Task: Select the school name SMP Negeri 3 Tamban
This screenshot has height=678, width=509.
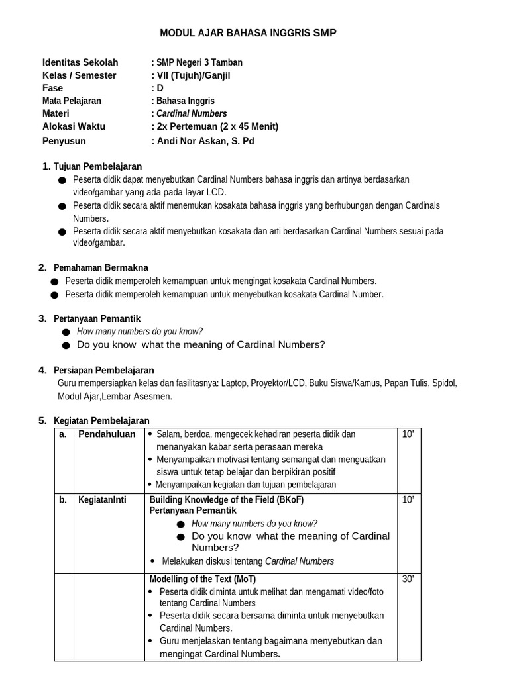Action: coord(199,62)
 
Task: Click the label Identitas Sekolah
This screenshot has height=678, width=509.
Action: coord(80,62)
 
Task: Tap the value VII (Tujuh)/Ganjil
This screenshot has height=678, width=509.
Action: coord(193,75)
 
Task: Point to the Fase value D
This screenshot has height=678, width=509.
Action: coord(160,88)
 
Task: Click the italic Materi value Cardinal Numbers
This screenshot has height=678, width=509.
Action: coord(192,113)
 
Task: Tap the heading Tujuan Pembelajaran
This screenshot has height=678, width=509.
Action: coord(97,166)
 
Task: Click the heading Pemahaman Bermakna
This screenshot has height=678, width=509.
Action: coord(101,267)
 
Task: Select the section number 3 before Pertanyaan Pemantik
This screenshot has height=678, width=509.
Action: coord(42,318)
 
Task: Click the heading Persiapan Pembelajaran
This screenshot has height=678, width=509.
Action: coord(103,370)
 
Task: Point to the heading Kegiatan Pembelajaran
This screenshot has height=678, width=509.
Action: coord(101,420)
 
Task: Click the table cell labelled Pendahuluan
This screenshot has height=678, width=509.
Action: coord(107,434)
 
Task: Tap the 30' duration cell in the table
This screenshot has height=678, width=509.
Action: coord(408,579)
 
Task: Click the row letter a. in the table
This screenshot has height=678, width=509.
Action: coord(63,434)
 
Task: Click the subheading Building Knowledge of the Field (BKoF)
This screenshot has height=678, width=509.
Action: coord(227,500)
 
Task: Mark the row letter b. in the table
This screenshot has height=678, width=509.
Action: coord(63,500)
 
